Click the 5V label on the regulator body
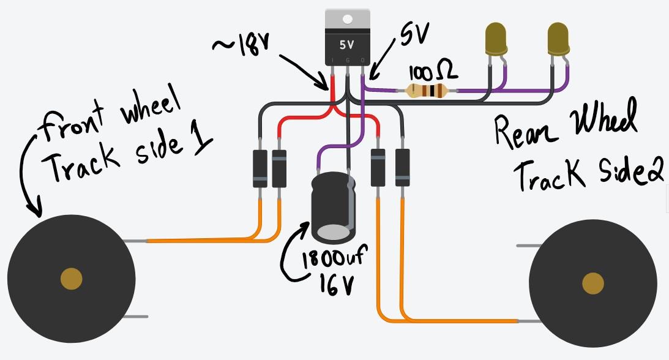(347, 45)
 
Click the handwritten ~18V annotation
(241, 44)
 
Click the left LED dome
(495, 38)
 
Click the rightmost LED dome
(557, 38)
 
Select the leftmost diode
(260, 168)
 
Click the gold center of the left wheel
(72, 279)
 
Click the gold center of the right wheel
(592, 283)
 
